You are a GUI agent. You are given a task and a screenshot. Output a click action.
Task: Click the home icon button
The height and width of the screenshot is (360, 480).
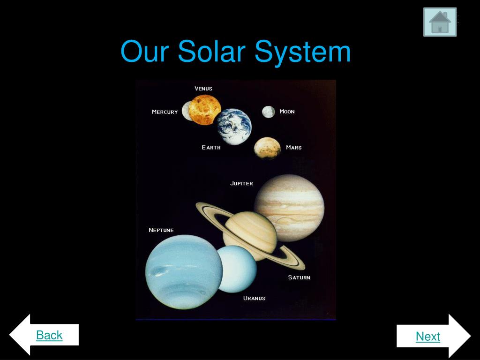point(440,22)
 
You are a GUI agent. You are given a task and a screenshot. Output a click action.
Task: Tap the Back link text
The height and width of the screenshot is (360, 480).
point(49,335)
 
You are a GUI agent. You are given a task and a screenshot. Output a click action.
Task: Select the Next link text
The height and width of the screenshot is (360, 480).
point(427,336)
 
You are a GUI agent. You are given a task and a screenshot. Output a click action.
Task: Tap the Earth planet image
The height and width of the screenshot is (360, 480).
point(234,127)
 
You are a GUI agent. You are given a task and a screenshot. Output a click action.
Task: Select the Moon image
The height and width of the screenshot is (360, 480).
point(268,112)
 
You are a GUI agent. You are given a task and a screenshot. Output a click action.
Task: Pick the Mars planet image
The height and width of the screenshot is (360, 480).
point(267,148)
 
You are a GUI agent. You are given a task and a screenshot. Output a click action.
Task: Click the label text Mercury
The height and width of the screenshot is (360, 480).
point(165,112)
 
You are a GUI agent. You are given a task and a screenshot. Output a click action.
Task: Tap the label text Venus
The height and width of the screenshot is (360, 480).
point(203,89)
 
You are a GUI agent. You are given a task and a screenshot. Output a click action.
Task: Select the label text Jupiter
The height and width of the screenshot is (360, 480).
point(241,183)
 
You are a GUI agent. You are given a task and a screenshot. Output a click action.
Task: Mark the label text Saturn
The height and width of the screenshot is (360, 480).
point(299,277)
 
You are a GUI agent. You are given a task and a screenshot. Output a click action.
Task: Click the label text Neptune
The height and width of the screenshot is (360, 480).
point(161,230)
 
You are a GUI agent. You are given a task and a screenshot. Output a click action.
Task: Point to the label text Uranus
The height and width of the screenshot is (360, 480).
point(254,298)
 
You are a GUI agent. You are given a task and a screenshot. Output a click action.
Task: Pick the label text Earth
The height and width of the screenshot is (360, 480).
point(211,148)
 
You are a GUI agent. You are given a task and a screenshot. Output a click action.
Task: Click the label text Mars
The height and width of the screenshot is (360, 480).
point(294,148)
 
